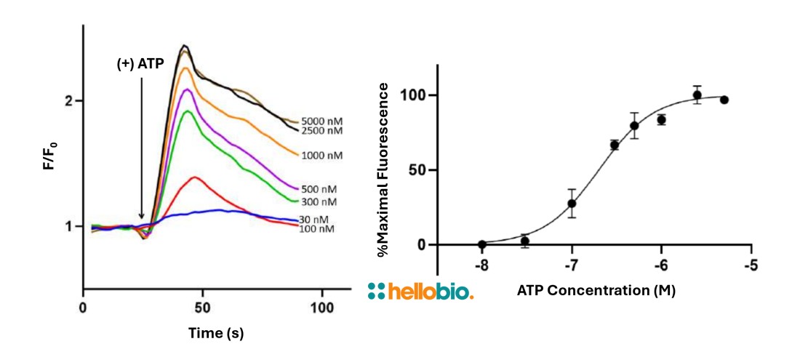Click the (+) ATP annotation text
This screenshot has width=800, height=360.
(x=141, y=63)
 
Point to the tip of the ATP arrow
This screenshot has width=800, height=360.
(x=141, y=217)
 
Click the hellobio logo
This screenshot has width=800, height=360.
(x=421, y=292)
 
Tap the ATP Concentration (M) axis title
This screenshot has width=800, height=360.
(x=596, y=292)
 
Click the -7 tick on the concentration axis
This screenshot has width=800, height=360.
(x=572, y=265)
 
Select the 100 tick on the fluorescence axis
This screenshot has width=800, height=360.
(x=418, y=95)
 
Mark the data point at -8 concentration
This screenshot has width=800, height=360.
(x=481, y=244)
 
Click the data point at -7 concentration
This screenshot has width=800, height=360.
(x=572, y=204)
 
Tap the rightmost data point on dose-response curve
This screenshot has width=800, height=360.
(x=724, y=100)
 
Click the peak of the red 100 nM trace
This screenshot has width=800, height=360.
(x=194, y=177)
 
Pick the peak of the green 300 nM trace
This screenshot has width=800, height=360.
(x=188, y=111)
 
